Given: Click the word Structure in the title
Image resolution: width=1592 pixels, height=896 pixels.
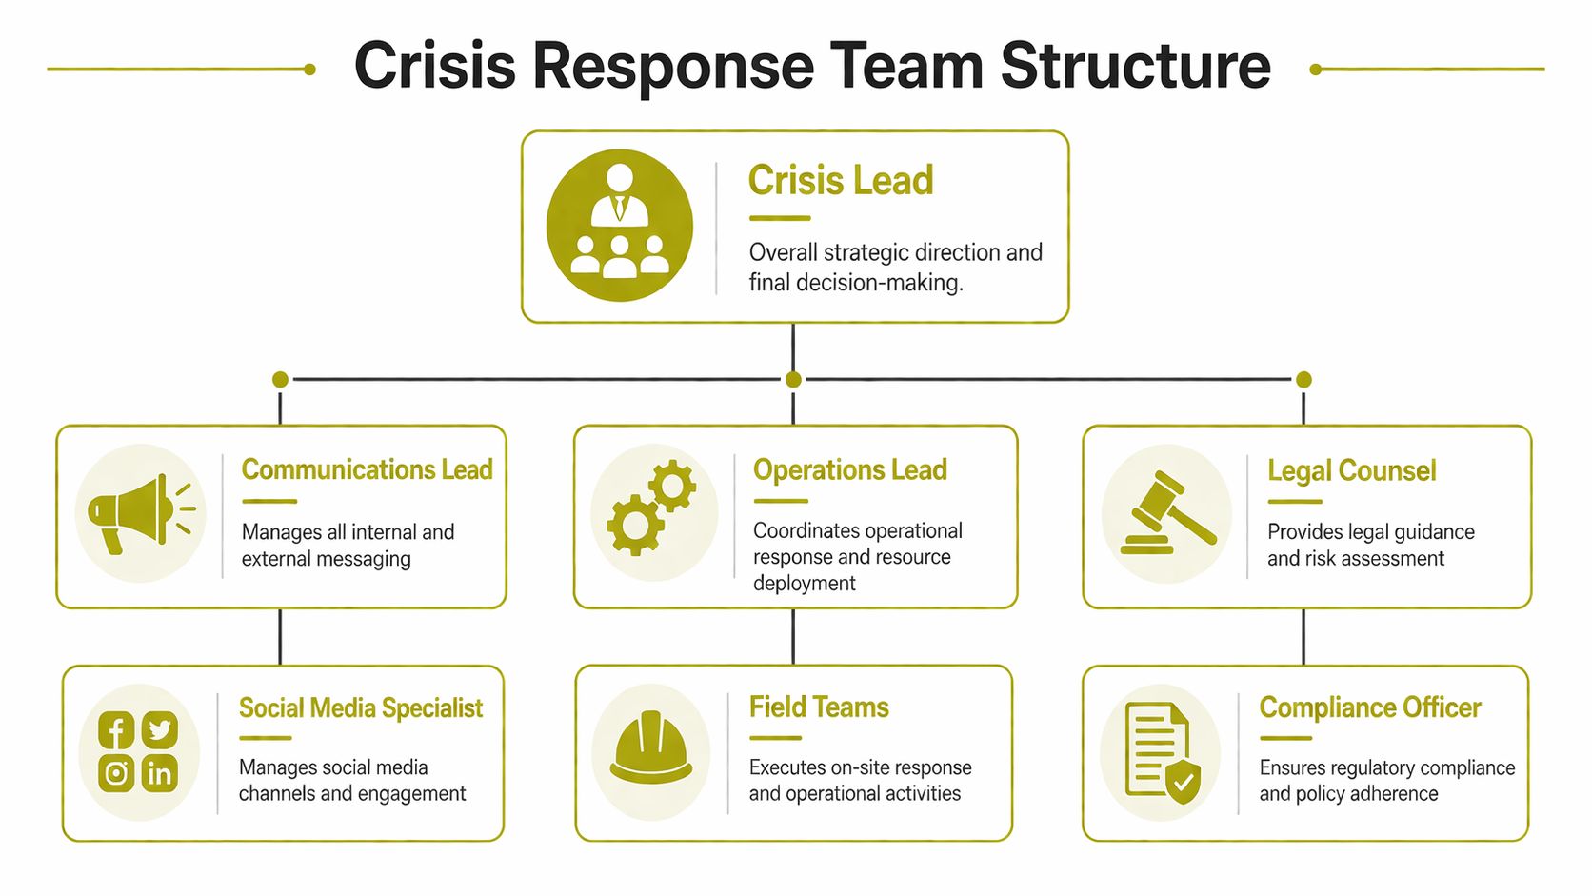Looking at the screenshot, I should pos(1135,66).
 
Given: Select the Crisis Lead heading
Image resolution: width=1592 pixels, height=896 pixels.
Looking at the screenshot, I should pos(840,180).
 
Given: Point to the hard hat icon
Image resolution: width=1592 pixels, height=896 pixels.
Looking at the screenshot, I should pos(651,749).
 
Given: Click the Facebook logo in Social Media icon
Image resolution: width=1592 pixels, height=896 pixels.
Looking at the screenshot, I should pos(116,731).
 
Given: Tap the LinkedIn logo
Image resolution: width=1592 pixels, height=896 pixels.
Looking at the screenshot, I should pos(160,773).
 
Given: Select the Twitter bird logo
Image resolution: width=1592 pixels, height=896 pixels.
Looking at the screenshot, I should pos(160,730).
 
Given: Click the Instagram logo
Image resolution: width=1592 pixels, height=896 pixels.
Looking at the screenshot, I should pos(116,773).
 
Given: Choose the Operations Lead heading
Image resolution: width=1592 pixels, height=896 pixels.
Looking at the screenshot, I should pos(849,469).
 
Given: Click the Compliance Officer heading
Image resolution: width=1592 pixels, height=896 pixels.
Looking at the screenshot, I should pos(1369,707).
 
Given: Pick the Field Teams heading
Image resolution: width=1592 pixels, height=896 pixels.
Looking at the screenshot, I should pos(819,707).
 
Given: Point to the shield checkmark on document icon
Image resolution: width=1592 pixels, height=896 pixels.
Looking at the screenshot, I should pos(1183,782).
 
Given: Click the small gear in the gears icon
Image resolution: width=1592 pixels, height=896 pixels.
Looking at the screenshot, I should pos(673,486).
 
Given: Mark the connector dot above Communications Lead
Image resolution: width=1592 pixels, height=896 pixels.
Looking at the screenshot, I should pos(280,379).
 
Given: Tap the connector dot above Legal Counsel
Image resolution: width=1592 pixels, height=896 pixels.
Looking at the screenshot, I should pos(1303,379).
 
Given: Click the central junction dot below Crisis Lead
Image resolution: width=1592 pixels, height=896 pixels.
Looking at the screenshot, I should pos(793,379).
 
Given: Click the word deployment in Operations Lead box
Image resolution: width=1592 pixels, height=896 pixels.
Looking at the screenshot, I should pos(804,583).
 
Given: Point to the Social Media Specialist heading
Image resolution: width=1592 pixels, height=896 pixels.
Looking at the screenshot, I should pos(360,707).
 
